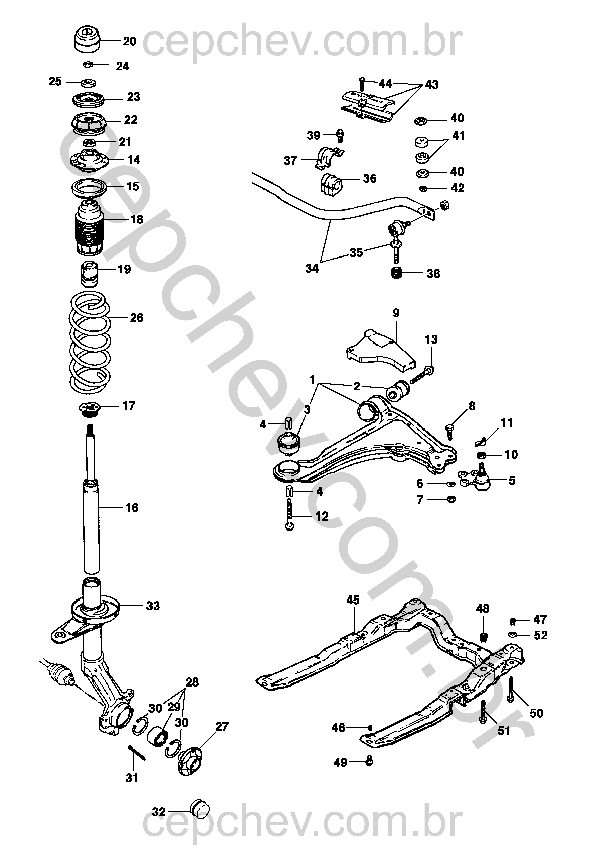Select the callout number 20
(x=129, y=41)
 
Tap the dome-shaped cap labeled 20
(x=88, y=39)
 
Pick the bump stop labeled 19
(x=89, y=274)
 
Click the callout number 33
(x=153, y=606)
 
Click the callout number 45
(x=353, y=599)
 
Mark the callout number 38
(x=433, y=274)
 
